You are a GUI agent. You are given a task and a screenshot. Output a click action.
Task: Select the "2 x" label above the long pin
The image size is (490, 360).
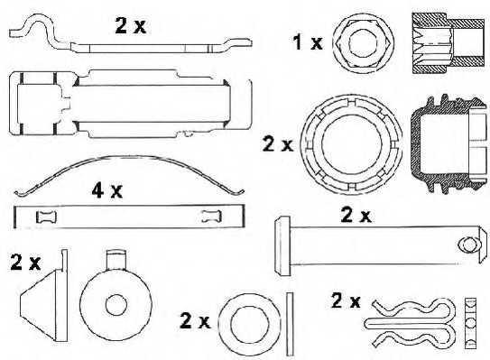pyautogui.click(x=355, y=215)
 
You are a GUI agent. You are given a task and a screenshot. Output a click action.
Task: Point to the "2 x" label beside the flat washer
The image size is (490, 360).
pyautogui.click(x=195, y=319)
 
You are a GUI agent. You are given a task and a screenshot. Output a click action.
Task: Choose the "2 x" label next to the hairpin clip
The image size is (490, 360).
pyautogui.click(x=347, y=300)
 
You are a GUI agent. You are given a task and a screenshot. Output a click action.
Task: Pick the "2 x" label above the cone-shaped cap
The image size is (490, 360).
pyautogui.click(x=25, y=263)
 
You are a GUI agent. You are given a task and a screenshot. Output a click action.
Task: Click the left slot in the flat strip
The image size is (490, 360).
pyautogui.click(x=44, y=216)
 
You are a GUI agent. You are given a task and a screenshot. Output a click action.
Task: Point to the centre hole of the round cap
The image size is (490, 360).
pyautogui.click(x=114, y=303)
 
